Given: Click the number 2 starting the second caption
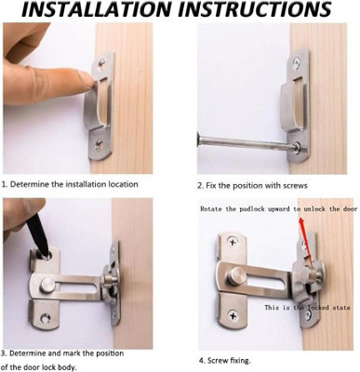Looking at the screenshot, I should pyautogui.click(x=199, y=184).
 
